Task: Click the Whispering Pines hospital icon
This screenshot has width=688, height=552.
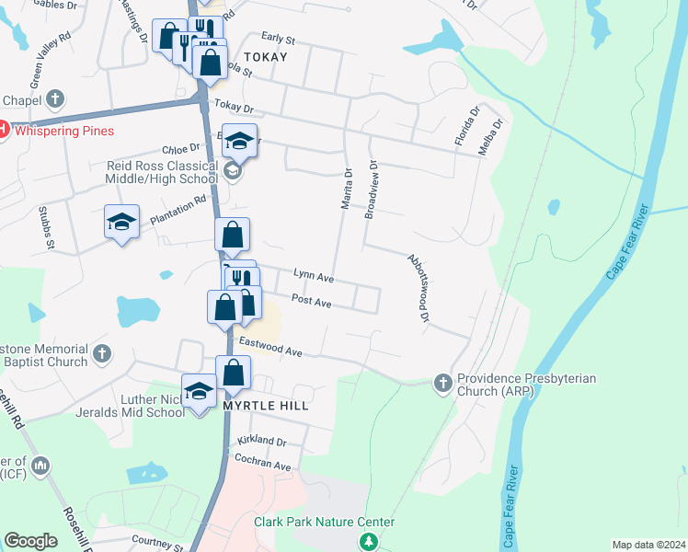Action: (3, 131)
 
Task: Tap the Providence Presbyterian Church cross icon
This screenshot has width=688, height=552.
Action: (442, 381)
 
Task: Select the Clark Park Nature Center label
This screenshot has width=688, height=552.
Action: (325, 523)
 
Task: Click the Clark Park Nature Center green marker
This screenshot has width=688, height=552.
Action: (369, 542)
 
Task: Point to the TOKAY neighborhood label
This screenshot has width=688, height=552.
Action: (266, 57)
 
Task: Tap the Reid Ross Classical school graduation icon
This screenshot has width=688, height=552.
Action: (233, 171)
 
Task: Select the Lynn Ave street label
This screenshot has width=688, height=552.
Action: (313, 277)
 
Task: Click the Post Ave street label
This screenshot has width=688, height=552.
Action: (311, 301)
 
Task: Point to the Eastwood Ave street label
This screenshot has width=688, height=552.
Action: (270, 346)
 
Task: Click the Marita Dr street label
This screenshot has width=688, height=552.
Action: (347, 189)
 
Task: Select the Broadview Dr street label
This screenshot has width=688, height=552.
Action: (371, 190)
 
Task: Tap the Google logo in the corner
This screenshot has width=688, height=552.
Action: (30, 541)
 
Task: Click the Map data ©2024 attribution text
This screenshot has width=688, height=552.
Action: (648, 545)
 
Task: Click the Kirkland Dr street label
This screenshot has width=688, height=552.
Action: (261, 442)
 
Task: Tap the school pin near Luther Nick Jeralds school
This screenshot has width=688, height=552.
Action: (199, 391)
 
